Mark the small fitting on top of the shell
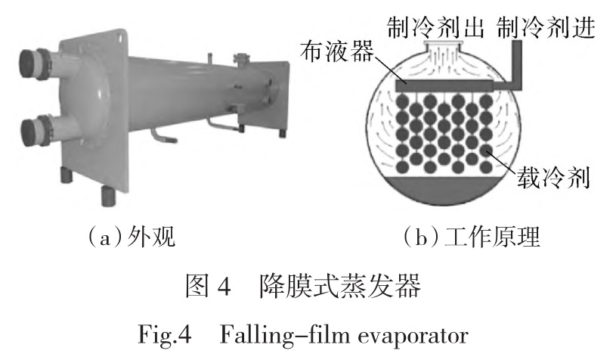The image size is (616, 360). [x=241, y=58]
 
